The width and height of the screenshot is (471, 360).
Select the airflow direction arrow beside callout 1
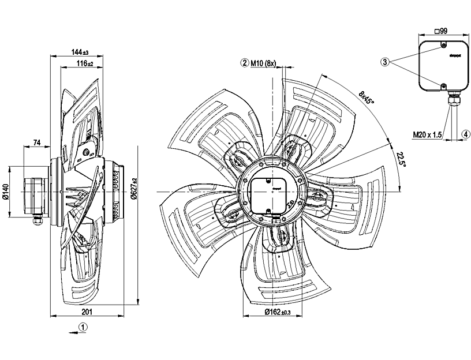point(71,332)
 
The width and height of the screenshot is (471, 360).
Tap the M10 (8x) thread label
point(263,63)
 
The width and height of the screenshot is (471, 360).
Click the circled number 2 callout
point(245,63)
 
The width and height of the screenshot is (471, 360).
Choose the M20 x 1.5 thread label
point(427,135)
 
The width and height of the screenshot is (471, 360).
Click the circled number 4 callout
point(465,134)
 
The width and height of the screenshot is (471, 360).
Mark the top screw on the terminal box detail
point(443,46)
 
